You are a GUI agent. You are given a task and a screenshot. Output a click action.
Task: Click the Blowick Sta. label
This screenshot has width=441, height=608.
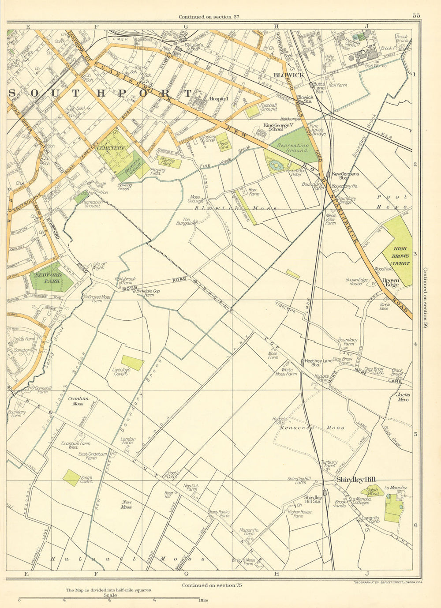tap(305, 99)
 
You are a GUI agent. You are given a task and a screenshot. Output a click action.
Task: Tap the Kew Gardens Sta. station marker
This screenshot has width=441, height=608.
tap(328, 174)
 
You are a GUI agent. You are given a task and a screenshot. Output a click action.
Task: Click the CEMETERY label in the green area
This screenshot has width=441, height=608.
tap(111, 148)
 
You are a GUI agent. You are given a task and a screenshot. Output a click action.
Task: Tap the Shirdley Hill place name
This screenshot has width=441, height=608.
tap(355, 480)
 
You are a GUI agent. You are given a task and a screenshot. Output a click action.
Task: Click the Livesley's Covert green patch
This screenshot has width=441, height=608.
tap(132, 363)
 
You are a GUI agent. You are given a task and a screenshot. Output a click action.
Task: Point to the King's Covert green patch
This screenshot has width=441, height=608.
tap(71, 477)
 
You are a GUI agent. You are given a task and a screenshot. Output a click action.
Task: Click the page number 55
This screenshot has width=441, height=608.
tap(416, 15)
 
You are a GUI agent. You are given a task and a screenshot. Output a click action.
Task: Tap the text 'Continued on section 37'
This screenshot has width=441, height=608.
tap(205, 17)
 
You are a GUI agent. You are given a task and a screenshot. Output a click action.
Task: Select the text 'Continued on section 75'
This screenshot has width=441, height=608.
tap(212, 585)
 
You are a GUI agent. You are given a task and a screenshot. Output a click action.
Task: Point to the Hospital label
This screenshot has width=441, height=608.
tap(219, 99)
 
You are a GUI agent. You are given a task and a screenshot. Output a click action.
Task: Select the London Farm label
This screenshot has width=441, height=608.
tap(128, 441)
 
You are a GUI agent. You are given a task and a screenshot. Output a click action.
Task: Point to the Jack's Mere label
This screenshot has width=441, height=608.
tap(403, 397)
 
